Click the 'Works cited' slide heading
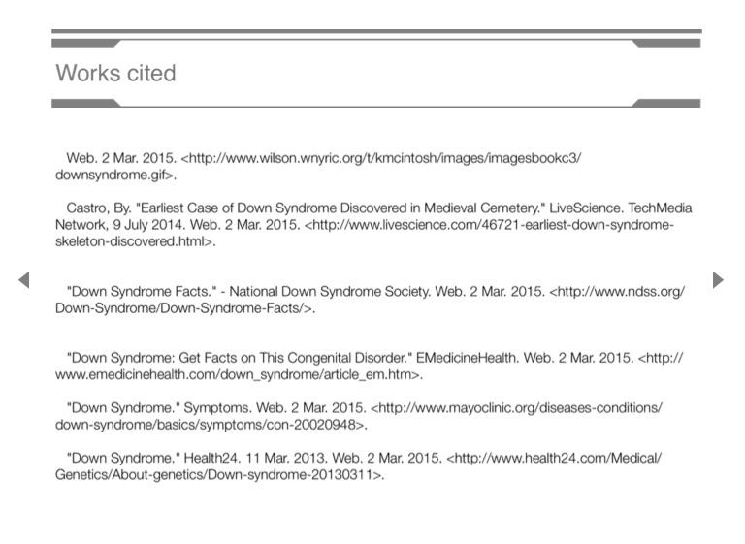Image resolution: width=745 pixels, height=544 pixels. [x=115, y=74]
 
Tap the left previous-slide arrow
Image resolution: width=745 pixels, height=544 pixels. [x=24, y=280]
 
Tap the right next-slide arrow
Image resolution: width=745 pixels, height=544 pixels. [x=718, y=280]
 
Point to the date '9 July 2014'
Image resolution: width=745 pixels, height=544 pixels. [x=145, y=225]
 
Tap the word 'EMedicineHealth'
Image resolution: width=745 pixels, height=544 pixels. [x=467, y=358]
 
